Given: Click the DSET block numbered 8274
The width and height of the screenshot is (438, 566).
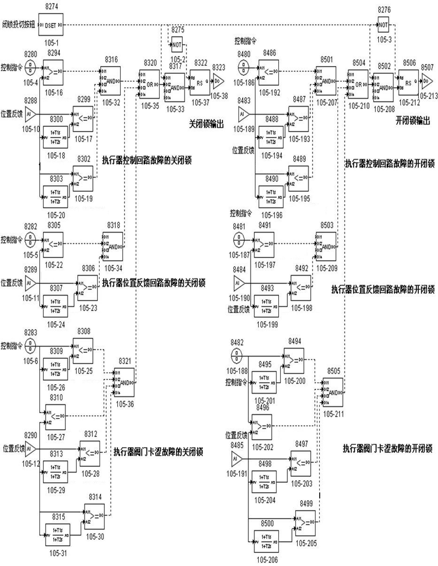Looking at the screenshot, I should point(51,25).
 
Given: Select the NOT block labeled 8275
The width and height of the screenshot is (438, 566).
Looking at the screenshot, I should point(177,45).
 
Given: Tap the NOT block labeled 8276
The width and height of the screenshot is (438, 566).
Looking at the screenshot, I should point(383,25).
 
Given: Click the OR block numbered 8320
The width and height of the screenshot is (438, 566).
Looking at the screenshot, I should point(149,84).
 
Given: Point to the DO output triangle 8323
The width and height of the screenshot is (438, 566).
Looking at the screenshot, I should point(218,81).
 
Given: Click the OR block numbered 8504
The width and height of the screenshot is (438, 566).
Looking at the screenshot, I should point(358,84).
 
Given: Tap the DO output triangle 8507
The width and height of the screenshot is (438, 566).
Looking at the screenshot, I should point(427,81).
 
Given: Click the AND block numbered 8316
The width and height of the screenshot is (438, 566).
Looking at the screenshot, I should point(111,81).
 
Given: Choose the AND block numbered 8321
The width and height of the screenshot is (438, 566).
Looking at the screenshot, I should point(124,383).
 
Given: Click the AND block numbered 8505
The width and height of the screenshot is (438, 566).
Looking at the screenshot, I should point(333,392).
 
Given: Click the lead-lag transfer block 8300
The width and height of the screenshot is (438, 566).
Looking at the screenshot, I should point(55,137).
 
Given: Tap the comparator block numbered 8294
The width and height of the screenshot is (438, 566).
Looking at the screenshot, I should point(53,73).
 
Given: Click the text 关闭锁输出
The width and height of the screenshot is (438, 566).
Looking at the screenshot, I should point(206,124).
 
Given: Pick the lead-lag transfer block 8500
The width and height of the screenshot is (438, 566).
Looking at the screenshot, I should point(266,541).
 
